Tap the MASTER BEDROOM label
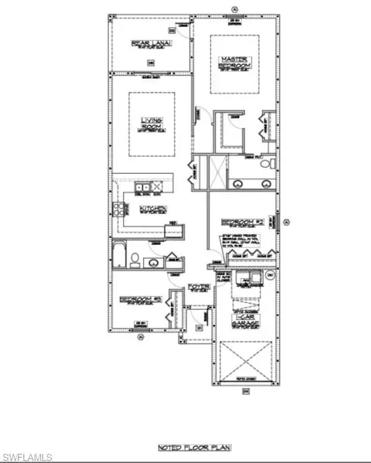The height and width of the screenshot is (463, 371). [x=233, y=63]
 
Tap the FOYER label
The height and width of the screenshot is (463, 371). [x=199, y=288]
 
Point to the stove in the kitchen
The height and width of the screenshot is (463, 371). [x=121, y=209]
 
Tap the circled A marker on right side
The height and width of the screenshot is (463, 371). [x=285, y=223]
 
